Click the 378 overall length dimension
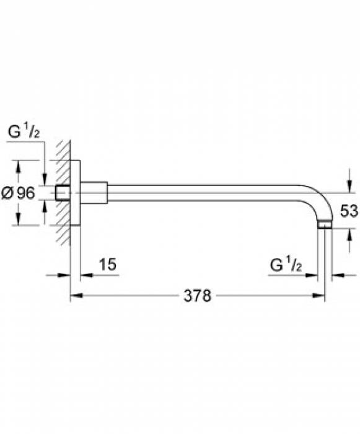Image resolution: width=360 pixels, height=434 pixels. [x=197, y=296]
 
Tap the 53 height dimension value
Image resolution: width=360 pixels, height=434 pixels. [x=349, y=211]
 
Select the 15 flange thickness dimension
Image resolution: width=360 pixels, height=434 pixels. [x=108, y=264]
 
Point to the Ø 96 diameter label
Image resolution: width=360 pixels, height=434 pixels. [x=18, y=193]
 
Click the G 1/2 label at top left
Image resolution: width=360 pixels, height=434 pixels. [x=24, y=131]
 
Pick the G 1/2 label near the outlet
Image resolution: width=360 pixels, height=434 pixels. [x=286, y=265]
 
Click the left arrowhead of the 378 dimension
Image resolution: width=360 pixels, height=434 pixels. [x=76, y=296]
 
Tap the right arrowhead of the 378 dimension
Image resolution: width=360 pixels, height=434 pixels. [x=318, y=296]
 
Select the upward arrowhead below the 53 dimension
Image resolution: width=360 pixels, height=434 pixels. [x=349, y=235]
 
